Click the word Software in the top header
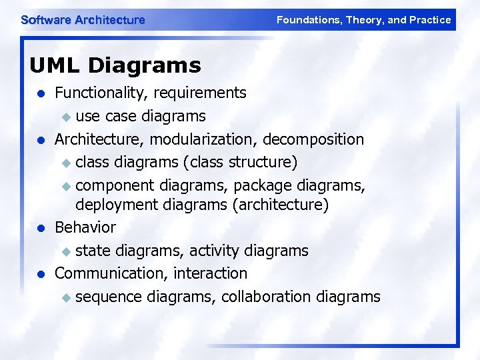(46, 20)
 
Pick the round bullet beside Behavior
(41, 228)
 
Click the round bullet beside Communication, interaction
(41, 274)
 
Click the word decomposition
(313, 139)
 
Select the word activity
(215, 251)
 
